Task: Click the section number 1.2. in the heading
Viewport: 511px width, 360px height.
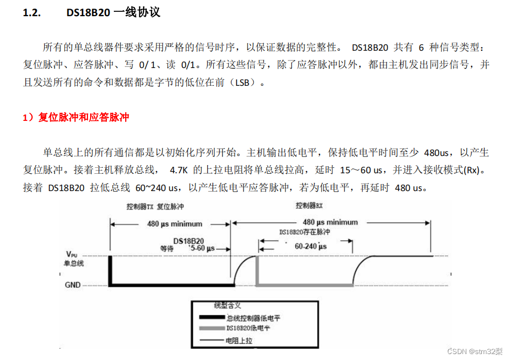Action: tap(32, 13)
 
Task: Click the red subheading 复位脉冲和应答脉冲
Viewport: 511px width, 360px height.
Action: tap(83, 117)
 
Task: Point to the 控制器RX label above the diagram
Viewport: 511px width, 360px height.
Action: tap(309, 206)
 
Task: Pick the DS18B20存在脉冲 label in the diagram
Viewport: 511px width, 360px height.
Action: tap(304, 232)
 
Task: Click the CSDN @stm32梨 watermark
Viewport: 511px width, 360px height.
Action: tap(475, 351)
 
